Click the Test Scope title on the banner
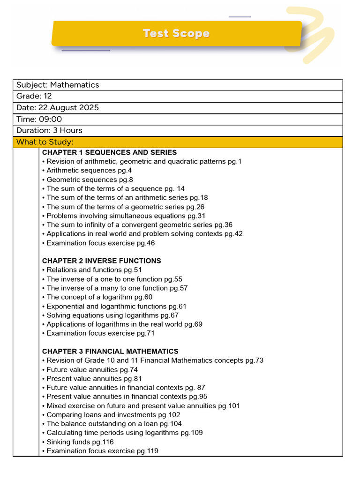(176, 34)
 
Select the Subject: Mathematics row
(58, 85)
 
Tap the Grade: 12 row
(34, 96)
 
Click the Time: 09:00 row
(39, 119)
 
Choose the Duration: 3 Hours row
(49, 130)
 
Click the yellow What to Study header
(45, 142)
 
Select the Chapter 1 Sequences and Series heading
(109, 152)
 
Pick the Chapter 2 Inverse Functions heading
(101, 261)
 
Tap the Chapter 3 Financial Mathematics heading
(110, 351)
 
